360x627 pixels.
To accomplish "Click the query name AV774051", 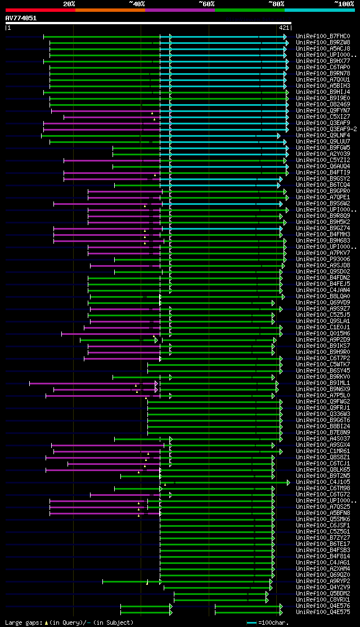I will [x=21, y=18].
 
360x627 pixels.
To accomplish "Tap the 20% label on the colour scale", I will [x=69, y=4].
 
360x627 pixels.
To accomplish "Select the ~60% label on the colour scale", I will [x=206, y=4].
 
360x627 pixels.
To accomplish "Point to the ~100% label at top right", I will [x=344, y=4].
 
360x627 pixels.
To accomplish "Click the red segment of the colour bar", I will [x=40, y=10].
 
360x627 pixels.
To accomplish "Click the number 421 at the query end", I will [x=284, y=28].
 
